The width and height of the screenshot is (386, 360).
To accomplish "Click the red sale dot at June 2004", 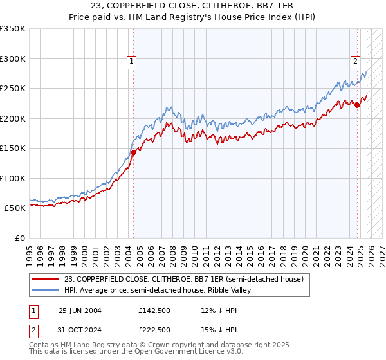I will [134, 152].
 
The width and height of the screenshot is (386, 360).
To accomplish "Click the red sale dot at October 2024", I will [358, 105].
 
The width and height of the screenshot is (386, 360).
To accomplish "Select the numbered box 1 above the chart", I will [131, 62].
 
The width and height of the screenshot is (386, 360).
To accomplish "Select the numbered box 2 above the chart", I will [355, 62].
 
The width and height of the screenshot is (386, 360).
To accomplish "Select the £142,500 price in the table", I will [154, 310].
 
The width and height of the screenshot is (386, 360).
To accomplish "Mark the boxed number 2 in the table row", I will [34, 329].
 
